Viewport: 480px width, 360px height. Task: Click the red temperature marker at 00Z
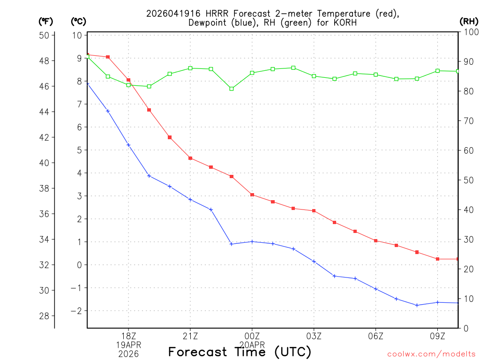coord(252,195)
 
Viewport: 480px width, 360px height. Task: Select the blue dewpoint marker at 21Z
coord(190,200)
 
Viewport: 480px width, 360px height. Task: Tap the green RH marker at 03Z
coord(314,76)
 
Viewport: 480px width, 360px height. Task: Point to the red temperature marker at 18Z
coord(128,80)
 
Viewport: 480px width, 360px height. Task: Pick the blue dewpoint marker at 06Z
coord(376,289)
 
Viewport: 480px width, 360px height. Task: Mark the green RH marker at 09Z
coord(438,71)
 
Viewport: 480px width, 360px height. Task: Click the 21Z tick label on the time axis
coord(190,336)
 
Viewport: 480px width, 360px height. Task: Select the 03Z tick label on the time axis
coord(314,336)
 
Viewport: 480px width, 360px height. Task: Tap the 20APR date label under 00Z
coord(252,345)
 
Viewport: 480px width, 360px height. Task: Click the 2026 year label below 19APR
coord(128,353)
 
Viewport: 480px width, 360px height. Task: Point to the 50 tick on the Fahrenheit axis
coord(47,36)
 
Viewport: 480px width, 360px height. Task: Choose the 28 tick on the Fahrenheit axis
coord(47,316)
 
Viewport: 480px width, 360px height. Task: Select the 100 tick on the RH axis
coord(469,32)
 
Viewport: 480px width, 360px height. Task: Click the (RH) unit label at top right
coord(469,21)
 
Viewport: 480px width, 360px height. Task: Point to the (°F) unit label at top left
coord(46,21)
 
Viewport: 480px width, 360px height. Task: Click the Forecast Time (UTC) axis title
coord(240,352)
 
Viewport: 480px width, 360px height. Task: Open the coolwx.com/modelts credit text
coord(431,354)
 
